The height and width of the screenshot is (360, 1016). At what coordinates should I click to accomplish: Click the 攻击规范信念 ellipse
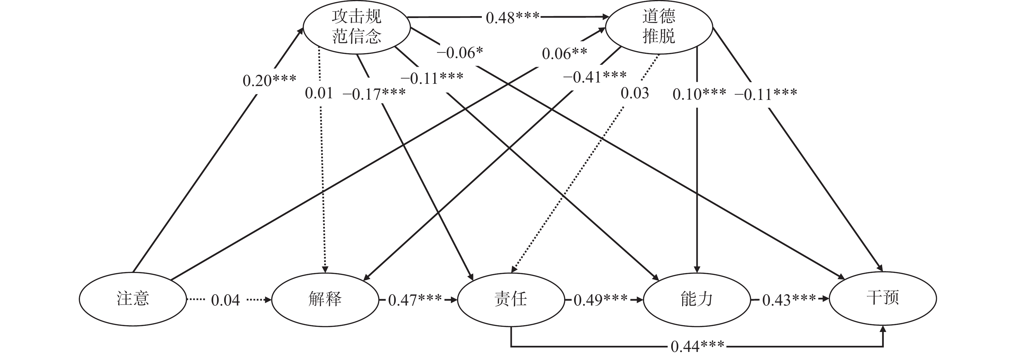[x=356, y=27]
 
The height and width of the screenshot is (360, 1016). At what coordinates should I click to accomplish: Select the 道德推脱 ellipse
[x=659, y=27]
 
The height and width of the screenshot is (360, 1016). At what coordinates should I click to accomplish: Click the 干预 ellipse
[x=883, y=298]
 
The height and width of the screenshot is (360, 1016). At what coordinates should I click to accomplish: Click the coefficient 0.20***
[x=269, y=81]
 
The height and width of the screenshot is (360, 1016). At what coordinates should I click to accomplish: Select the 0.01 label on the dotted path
[x=319, y=93]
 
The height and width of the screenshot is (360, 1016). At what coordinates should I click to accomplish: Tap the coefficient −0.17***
[x=374, y=94]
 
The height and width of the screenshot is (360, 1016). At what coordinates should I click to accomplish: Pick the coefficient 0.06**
[x=564, y=54]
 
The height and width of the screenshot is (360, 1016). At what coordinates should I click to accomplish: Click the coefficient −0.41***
[x=594, y=77]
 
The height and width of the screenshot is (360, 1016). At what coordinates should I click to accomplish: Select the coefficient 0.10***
[x=699, y=94]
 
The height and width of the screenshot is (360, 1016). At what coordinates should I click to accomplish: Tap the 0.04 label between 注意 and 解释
[x=225, y=300]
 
